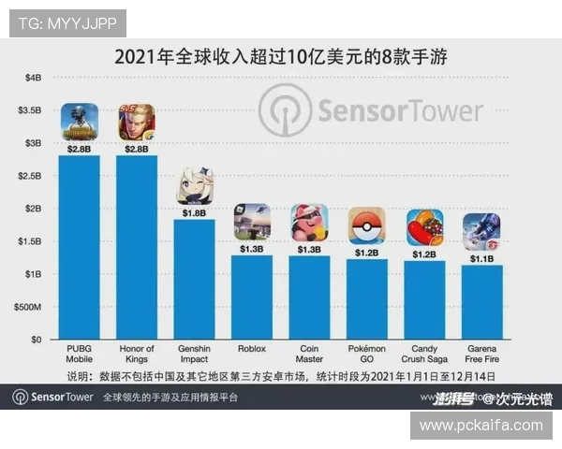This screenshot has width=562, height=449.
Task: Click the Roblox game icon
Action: [x=252, y=222]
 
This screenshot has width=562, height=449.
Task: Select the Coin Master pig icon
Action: [x=309, y=223]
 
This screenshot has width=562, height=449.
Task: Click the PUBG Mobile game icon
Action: [x=80, y=121]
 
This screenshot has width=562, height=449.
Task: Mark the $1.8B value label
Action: [x=194, y=212]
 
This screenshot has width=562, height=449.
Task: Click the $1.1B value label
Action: [x=481, y=258]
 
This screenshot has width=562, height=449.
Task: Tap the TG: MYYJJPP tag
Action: [x=67, y=22]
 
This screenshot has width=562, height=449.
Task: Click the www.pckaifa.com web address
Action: [x=481, y=425]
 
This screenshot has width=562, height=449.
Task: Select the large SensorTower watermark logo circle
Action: [x=286, y=112]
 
